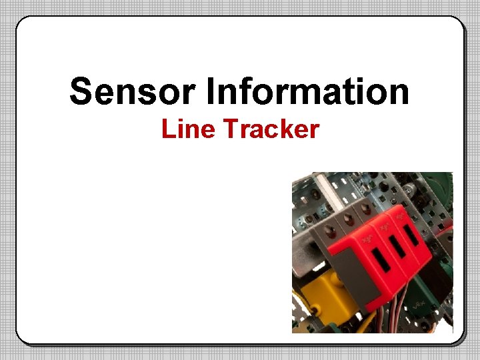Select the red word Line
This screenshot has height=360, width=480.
pyautogui.click(x=186, y=129)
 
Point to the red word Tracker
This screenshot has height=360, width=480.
pyautogui.click(x=271, y=129)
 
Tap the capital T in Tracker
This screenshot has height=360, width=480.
pyautogui.click(x=230, y=129)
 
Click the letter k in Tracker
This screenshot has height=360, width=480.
pyautogui.click(x=291, y=129)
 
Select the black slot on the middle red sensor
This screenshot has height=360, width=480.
pyautogui.click(x=399, y=247)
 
